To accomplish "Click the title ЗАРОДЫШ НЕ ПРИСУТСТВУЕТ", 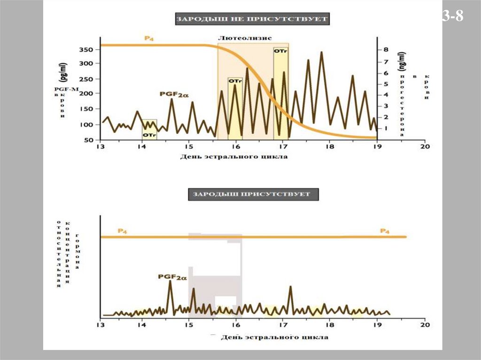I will [252, 19].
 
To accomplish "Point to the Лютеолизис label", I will [245, 38].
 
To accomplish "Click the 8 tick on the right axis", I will [386, 49].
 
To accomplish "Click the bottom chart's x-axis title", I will [274, 337].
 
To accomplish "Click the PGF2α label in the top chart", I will [173, 94].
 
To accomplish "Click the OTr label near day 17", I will [280, 50].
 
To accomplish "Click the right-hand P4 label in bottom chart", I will [385, 231].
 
